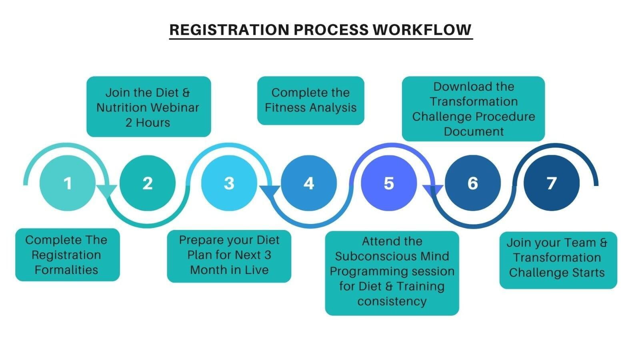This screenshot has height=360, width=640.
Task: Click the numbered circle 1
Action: (x=68, y=183)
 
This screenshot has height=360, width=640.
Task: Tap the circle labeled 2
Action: (x=148, y=183)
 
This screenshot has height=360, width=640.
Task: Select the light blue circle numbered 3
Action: (x=229, y=183)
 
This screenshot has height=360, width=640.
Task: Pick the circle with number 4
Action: (x=309, y=183)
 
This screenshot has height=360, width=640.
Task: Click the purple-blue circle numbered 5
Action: (x=389, y=183)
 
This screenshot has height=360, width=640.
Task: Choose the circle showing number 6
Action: (x=473, y=183)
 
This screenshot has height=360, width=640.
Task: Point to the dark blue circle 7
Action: (x=552, y=183)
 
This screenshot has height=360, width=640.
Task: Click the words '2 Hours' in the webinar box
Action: (x=148, y=123)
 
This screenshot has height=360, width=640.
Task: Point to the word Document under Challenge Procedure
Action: (x=474, y=132)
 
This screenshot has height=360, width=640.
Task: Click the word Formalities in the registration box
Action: (x=66, y=270)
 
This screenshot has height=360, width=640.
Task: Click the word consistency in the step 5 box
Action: (x=392, y=302)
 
